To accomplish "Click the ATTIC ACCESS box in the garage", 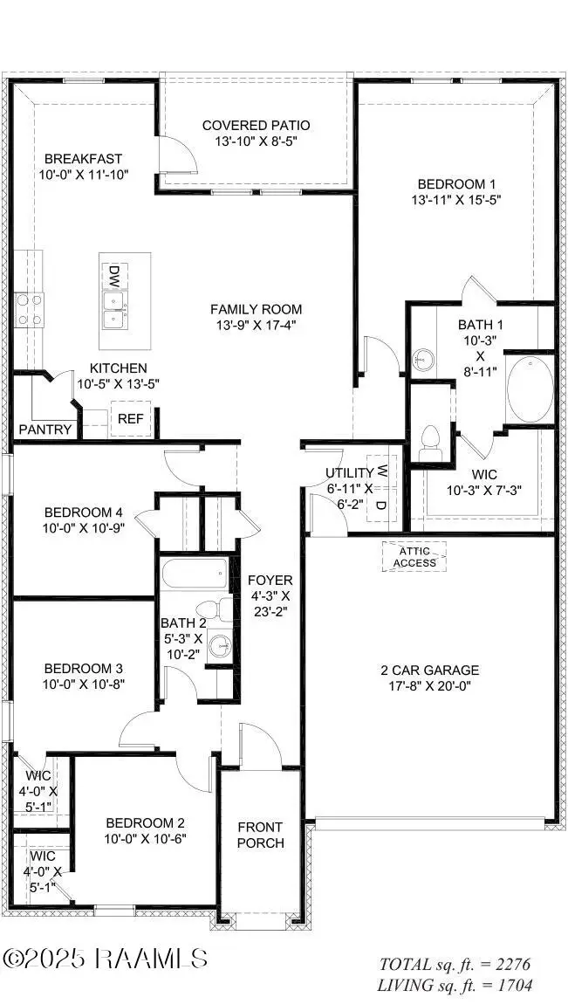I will coord(414,556).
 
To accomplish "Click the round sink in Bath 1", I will coord(424,359).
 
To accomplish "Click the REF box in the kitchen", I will coord(130,419).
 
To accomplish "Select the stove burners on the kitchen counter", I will coord(29,309).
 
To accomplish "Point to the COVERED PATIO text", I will coord(256,126).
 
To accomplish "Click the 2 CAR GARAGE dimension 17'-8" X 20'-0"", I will coord(429,685).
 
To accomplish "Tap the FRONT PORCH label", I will coord(260,835).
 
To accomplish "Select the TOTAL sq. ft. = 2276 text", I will coord(455,965).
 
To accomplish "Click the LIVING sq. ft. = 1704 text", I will coord(455,986).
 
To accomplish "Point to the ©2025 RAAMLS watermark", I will coord(105,958).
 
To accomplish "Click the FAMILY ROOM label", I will coord(256,309).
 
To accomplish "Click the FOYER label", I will coord(270,581).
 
